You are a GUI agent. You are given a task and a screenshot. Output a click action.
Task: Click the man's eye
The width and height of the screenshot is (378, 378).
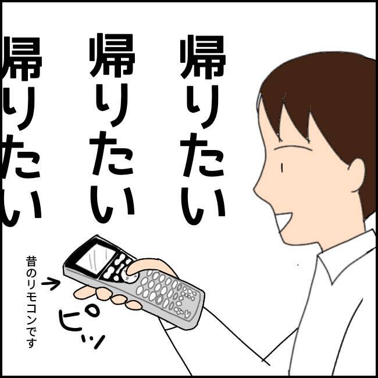281,168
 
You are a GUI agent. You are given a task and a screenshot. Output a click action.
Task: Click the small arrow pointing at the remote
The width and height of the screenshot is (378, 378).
51,284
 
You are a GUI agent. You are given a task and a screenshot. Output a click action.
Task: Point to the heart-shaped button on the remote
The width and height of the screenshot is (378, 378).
187,315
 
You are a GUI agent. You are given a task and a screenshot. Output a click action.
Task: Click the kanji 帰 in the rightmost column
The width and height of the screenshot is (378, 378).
203,57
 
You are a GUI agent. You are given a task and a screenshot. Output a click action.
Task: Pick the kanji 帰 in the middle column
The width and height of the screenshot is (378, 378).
112,55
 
